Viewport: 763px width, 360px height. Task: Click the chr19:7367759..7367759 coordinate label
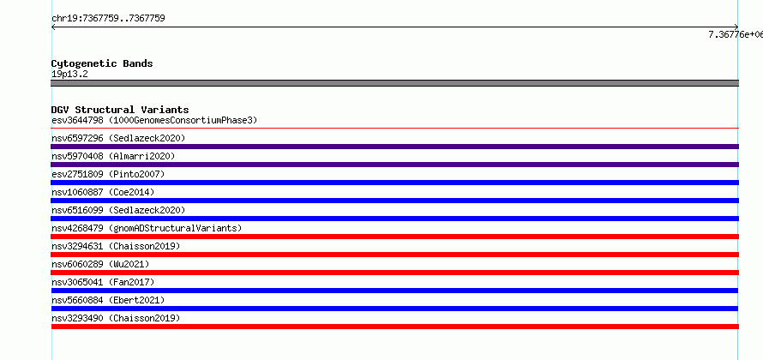[x=108, y=19]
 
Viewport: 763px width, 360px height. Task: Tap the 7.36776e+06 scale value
[x=736, y=34]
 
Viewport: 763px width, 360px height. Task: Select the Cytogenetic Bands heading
[x=102, y=63]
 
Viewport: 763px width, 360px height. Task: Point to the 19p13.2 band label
[x=69, y=75]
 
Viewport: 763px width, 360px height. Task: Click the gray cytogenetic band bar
[x=394, y=83]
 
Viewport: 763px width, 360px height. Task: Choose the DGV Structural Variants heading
[x=120, y=110]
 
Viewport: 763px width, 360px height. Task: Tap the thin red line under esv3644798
[x=394, y=128]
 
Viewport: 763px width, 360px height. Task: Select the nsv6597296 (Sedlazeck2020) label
[x=118, y=138]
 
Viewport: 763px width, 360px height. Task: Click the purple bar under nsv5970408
[x=394, y=165]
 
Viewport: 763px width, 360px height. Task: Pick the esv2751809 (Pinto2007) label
[x=108, y=174]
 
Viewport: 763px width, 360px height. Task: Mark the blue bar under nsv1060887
[x=394, y=201]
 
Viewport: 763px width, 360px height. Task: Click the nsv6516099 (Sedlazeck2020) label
[x=118, y=210]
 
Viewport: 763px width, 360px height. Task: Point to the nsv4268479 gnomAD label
[x=147, y=228]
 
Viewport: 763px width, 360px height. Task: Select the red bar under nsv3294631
[x=394, y=255]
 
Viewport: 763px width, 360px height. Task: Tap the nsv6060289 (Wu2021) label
[x=100, y=264]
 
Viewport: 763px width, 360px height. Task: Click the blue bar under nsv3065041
[x=394, y=291]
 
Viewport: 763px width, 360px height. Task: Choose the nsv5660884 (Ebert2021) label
[x=108, y=300]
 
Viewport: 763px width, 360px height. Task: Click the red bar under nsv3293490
[x=394, y=327]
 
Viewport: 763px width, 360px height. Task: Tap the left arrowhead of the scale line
[x=52, y=27]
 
